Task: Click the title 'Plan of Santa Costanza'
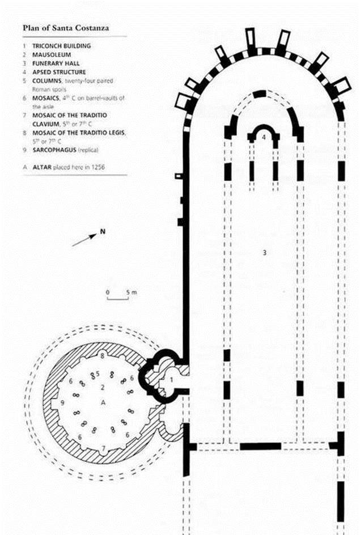66,28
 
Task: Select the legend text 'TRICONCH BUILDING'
61,46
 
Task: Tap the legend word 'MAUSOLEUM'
52,54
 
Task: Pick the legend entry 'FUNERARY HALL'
56,63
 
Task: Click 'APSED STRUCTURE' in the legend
59,72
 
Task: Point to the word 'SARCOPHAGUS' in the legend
54,150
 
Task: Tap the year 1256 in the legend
98,167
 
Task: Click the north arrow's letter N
103,232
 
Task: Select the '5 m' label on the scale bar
132,292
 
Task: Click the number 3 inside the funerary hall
264,253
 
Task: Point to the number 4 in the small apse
264,137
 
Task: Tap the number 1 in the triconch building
172,379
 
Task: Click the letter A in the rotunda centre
103,403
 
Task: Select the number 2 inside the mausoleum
103,387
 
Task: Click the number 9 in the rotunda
62,403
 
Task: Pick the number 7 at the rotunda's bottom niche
103,448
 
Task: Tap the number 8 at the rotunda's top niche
103,356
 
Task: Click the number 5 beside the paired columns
98,373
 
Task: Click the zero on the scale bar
108,292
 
